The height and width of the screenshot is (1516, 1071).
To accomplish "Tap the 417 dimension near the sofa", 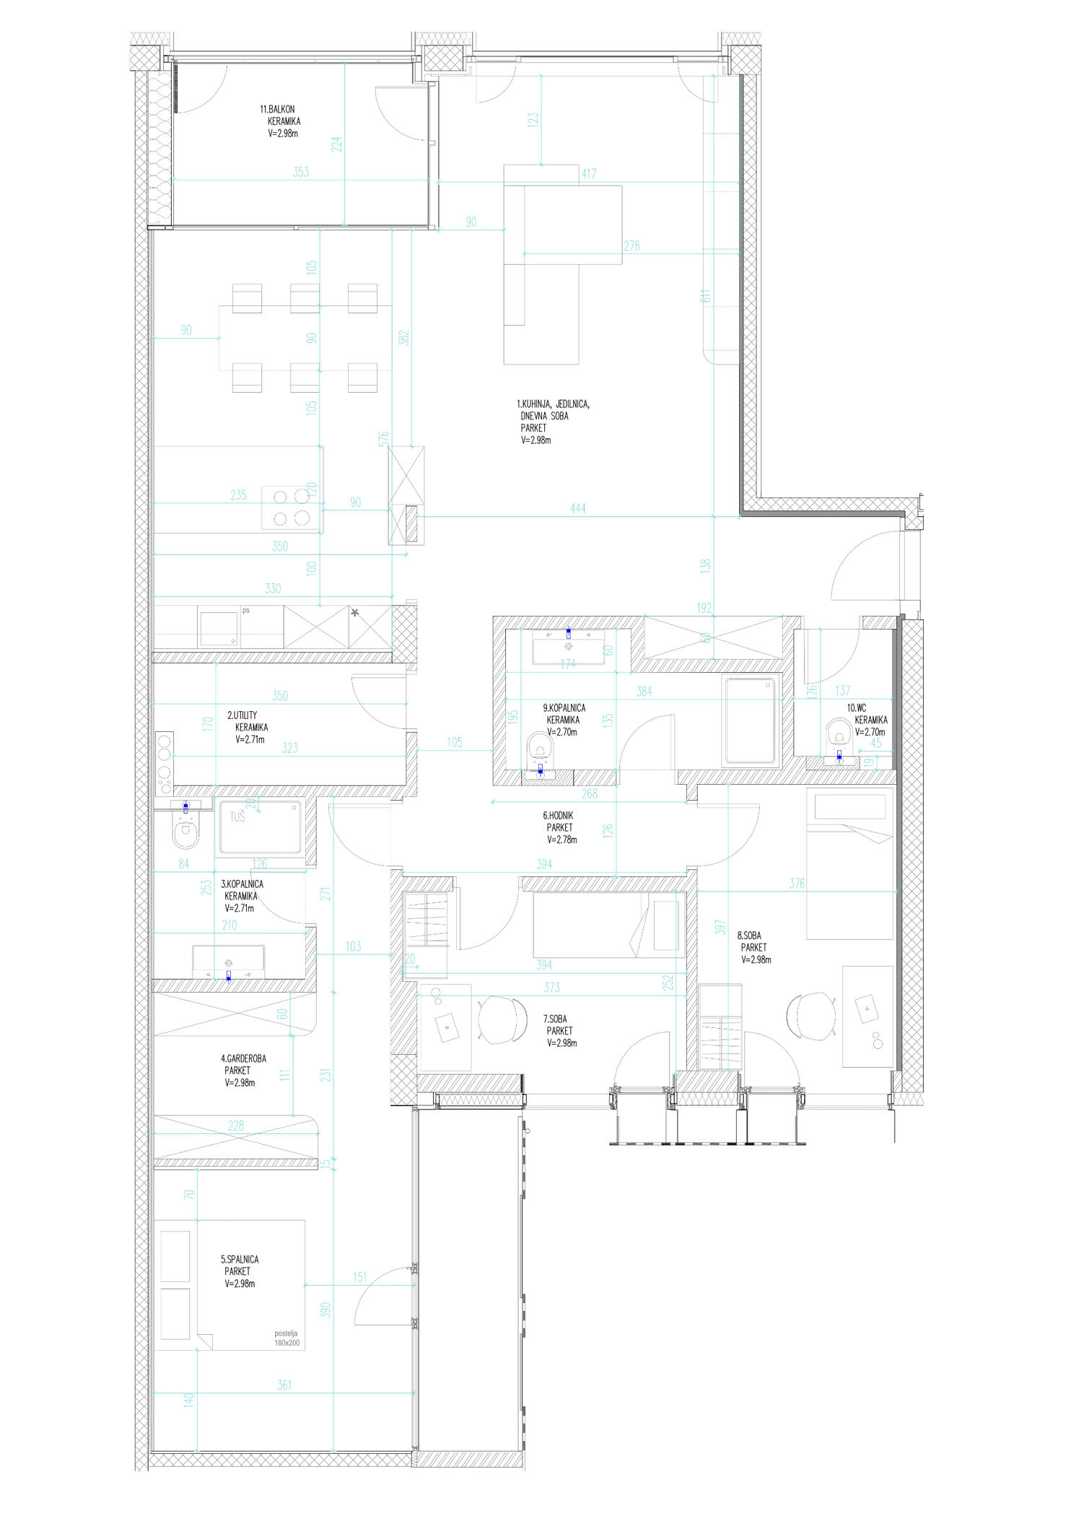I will coord(588,174).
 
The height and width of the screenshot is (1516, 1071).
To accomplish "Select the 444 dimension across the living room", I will coord(577,509).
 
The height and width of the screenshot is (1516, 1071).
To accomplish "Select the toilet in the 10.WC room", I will coord(838,731).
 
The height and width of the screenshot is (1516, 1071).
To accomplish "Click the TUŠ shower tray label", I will coord(237,817).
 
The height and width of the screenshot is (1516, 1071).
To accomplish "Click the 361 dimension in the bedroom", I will coord(284,1385).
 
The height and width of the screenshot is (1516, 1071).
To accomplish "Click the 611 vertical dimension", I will coord(707,296).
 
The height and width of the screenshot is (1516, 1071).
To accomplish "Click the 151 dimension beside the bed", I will coord(359,1277).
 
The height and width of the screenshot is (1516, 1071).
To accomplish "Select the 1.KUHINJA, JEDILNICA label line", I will coord(553,404).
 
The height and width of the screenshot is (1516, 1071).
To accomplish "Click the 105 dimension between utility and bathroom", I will coord(454,742).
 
